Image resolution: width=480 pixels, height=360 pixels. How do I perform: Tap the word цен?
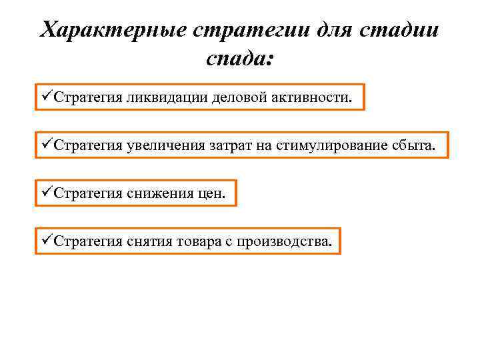coord(212,193)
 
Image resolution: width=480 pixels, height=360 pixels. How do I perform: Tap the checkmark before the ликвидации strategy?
coord(45,97)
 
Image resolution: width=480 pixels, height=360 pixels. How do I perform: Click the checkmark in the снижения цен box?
coord(45,193)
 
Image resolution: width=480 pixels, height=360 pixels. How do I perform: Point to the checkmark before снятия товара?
coord(45,241)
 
